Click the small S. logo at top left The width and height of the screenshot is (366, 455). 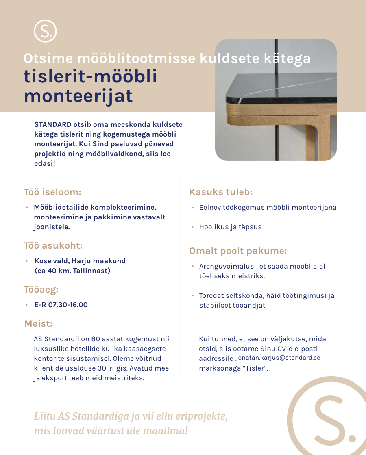tap(45, 31)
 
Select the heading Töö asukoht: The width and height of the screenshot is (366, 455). tap(53, 245)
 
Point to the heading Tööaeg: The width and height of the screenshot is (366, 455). tap(41, 290)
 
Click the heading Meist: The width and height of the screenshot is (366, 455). tap(38, 324)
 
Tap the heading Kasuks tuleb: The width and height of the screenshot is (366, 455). tap(221, 192)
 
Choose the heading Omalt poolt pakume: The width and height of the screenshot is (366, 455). tap(238, 251)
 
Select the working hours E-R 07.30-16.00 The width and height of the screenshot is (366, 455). tap(61, 305)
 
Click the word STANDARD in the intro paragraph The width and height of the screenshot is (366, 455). tap(53, 124)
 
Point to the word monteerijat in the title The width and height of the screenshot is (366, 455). tap(78, 96)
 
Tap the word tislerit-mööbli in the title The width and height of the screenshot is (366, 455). tap(90, 77)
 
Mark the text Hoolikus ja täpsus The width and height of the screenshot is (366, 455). tap(230, 227)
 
